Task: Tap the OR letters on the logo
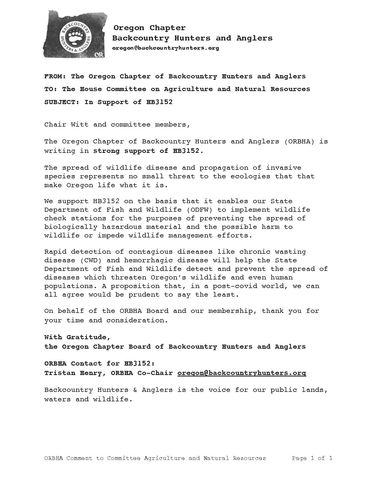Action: [98, 55]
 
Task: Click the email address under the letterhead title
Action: [166, 48]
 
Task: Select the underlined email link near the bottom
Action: [242, 373]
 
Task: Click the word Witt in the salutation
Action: [80, 125]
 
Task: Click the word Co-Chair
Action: [155, 373]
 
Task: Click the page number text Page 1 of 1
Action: [312, 458]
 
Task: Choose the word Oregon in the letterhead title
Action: [129, 28]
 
